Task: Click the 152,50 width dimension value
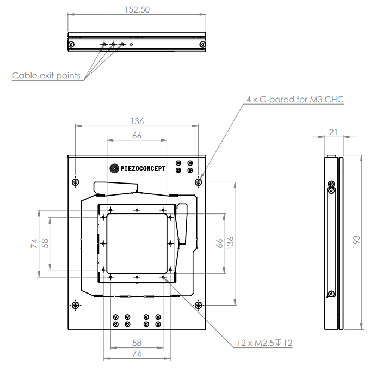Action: [x=137, y=10]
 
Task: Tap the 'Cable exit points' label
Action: [x=46, y=76]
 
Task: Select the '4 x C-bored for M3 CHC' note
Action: [x=295, y=100]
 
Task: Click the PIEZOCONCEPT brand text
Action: [x=143, y=169]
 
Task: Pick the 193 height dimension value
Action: [x=356, y=242]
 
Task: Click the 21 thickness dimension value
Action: [x=334, y=132]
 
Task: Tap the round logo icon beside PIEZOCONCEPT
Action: [x=114, y=168]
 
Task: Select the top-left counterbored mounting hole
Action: [x=75, y=182]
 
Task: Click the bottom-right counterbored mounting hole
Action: [x=199, y=305]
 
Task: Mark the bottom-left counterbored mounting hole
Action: [x=75, y=305]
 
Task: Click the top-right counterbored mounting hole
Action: [x=199, y=182]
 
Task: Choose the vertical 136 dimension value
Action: [x=230, y=243]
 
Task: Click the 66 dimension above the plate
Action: [x=137, y=136]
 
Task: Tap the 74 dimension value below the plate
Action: [x=137, y=354]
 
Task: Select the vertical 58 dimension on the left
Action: [x=45, y=243]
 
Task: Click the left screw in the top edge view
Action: [x=71, y=45]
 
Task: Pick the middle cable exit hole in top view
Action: [x=113, y=45]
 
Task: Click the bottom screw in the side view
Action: [x=331, y=294]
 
